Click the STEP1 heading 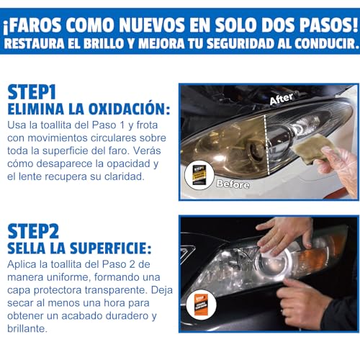coord(32,92)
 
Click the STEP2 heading coord(32,230)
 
